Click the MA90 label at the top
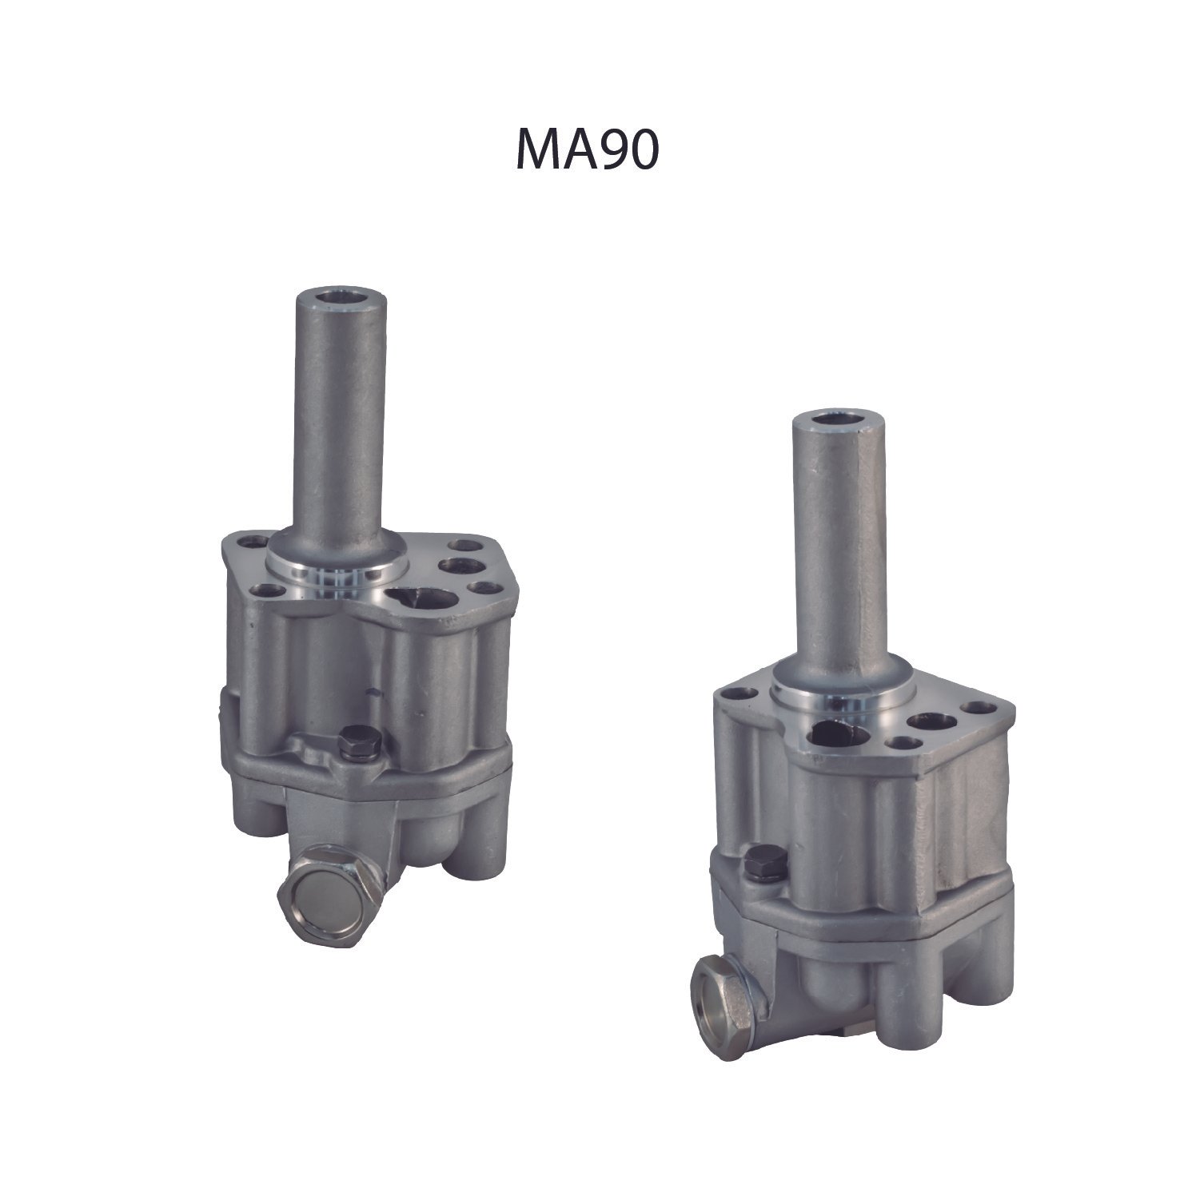click(x=587, y=148)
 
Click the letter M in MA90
click(x=537, y=148)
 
